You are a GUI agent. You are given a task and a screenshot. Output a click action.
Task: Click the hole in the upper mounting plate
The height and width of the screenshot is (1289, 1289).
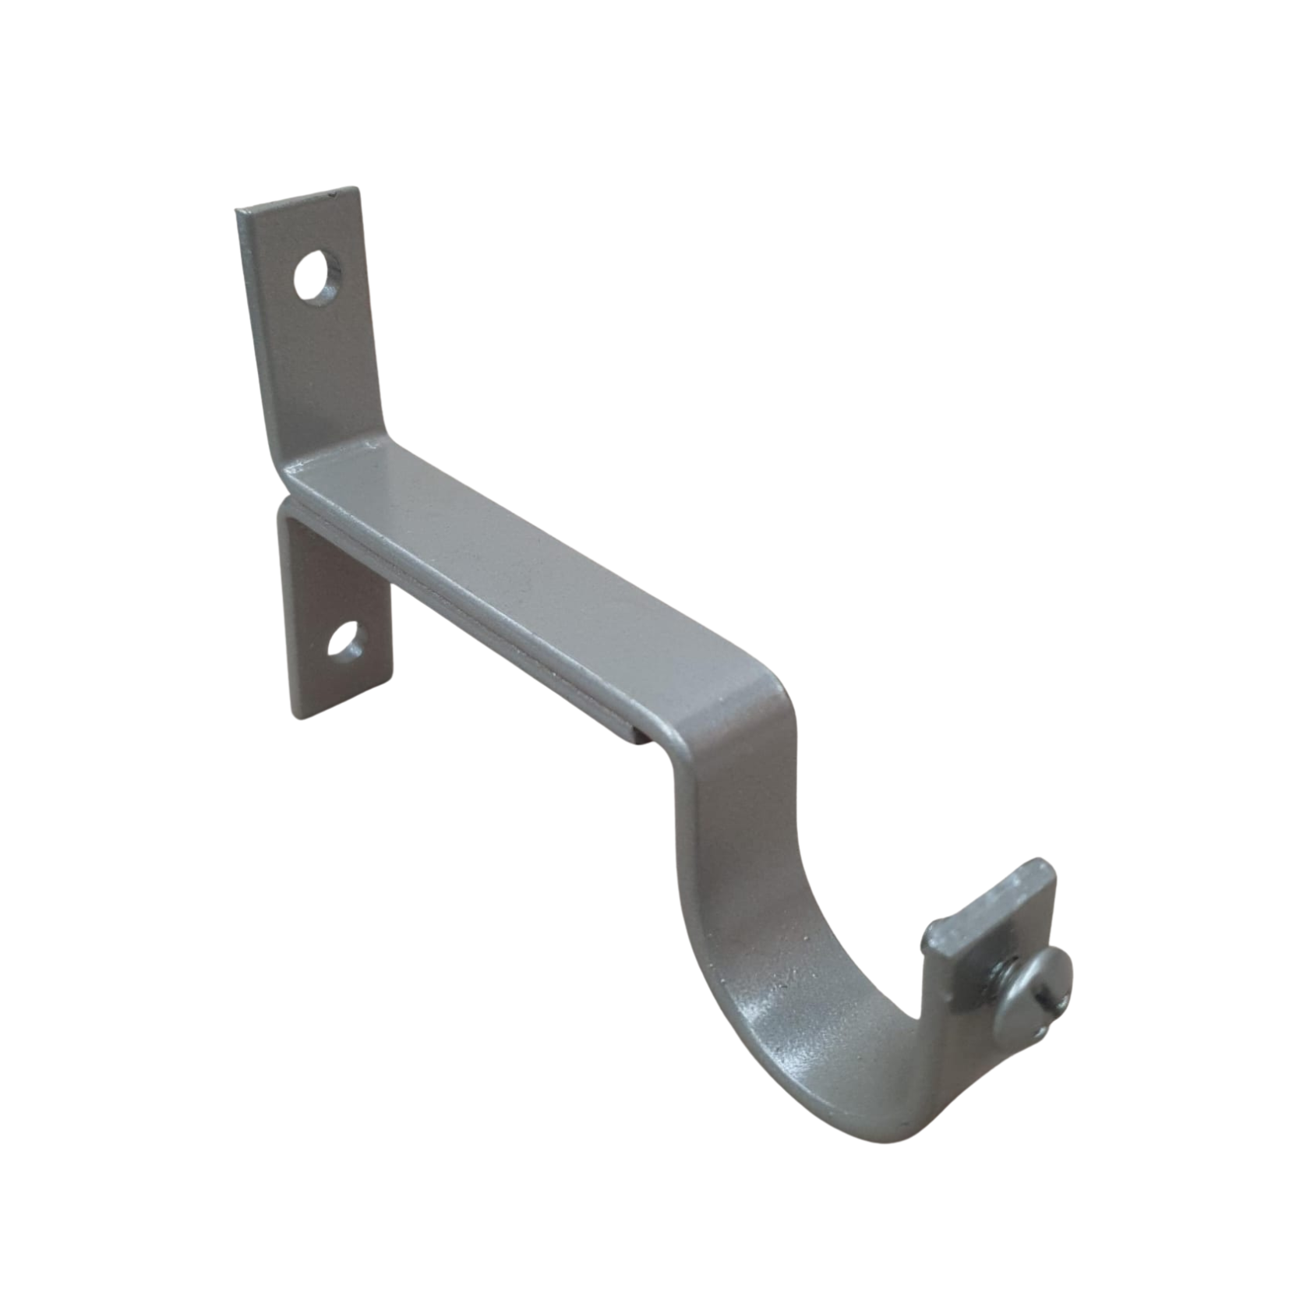pyautogui.click(x=316, y=277)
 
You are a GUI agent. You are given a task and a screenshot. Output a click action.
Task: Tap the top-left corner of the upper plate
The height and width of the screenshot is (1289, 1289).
pyautogui.click(x=237, y=209)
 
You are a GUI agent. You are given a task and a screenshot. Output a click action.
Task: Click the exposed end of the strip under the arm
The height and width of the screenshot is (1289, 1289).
pyautogui.click(x=635, y=733)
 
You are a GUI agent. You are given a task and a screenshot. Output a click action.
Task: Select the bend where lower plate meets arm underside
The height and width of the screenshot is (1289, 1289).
pyautogui.click(x=292, y=510)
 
